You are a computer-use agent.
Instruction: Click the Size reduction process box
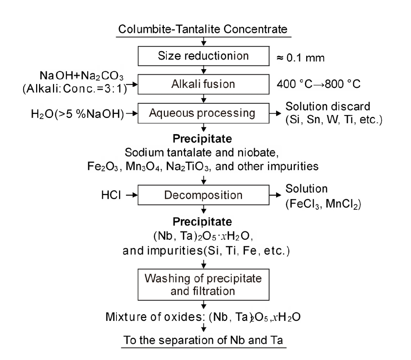[x=203, y=56]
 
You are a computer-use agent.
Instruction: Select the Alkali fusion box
[x=203, y=85]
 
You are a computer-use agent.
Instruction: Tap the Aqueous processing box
[x=203, y=113]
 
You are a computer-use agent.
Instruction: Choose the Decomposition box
[x=203, y=195]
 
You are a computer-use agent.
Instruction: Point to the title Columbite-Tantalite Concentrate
[x=203, y=29]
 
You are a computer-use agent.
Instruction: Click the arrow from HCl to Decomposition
[x=132, y=195]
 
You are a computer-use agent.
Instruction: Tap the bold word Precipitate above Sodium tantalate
[x=203, y=138]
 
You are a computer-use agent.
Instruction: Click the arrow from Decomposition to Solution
[x=275, y=195]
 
